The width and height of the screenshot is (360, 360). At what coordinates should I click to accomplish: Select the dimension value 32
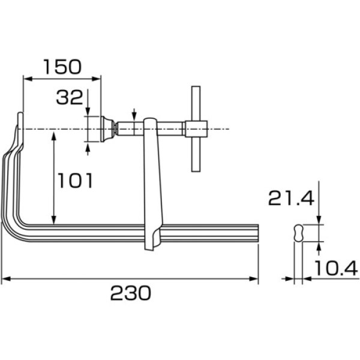(x=69, y=97)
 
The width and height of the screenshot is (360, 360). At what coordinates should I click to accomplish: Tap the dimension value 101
(x=74, y=180)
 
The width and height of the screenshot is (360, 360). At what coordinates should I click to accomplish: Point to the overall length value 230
(x=130, y=293)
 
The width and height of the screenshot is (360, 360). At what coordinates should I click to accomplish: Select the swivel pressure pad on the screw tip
(x=107, y=128)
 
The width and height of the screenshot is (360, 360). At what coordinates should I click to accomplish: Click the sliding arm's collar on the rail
(x=152, y=237)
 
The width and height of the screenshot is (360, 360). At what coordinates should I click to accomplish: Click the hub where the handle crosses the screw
(x=196, y=128)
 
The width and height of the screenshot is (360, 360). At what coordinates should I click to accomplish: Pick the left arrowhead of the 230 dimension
(x=5, y=278)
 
